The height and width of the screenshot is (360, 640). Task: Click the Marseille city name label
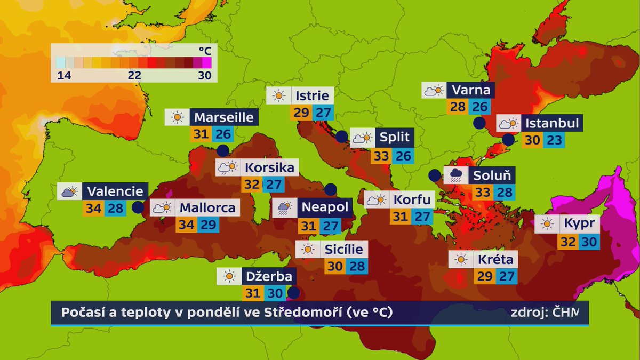pos(223,117)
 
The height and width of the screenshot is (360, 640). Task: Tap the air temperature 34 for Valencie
pos(93,208)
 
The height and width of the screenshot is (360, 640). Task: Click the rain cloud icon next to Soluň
pos(456,175)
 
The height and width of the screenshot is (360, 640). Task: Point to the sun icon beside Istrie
pos(278,96)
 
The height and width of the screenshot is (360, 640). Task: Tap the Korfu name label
pos(412,201)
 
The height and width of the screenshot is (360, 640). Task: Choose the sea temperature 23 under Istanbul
pos(553,141)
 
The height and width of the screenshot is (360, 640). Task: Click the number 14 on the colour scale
pos(65,76)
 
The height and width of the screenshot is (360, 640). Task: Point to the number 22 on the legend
pos(134,76)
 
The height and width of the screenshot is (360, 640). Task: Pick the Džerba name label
pos(269,276)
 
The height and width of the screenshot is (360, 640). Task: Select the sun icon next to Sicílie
pos(307,249)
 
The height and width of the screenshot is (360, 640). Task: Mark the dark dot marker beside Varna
pos(479,123)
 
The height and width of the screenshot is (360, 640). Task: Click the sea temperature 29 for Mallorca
pos(207,225)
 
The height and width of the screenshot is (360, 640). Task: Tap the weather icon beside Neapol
pos(283,207)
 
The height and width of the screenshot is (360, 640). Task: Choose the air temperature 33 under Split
pos(381,156)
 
